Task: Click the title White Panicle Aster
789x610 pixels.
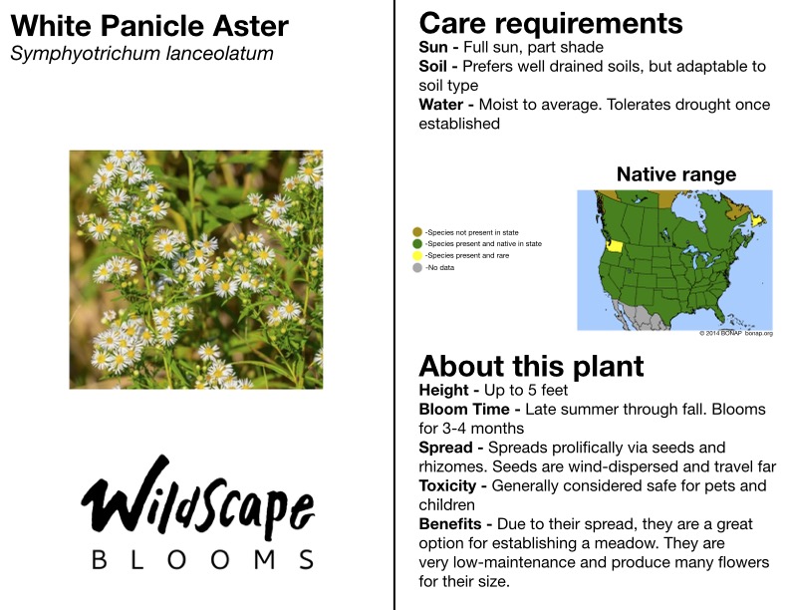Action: click(149, 26)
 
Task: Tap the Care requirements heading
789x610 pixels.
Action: click(551, 24)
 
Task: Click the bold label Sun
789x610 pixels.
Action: click(433, 47)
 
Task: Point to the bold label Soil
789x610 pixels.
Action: click(432, 67)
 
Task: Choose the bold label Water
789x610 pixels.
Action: click(440, 105)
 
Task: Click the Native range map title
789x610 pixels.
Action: click(676, 174)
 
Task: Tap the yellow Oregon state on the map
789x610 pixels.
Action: click(616, 246)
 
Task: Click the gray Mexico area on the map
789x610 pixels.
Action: click(638, 315)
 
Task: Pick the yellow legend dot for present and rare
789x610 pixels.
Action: click(417, 256)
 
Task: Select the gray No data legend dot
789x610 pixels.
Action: click(417, 268)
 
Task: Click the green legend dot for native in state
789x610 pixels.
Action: click(417, 243)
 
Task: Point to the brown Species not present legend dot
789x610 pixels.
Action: click(417, 232)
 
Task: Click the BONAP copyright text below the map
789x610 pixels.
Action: click(735, 333)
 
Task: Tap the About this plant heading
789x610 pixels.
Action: click(531, 367)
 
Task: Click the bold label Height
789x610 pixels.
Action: click(444, 390)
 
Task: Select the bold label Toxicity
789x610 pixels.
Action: click(447, 485)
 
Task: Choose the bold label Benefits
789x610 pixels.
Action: click(450, 524)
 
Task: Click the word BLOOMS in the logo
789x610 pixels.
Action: click(203, 560)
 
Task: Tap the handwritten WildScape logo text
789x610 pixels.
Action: click(198, 495)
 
